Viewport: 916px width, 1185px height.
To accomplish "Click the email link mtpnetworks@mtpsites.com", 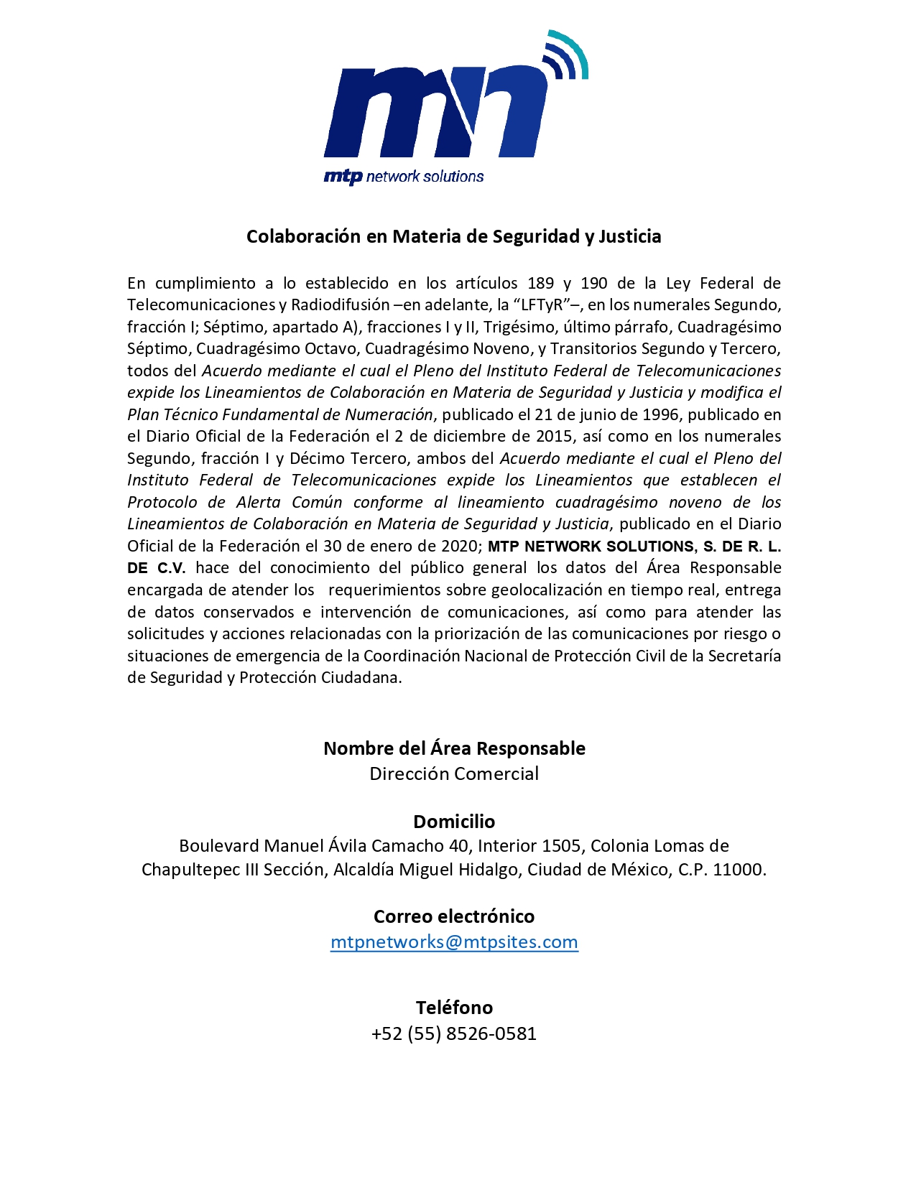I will (x=454, y=942).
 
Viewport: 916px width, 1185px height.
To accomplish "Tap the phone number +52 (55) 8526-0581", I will (x=454, y=1033).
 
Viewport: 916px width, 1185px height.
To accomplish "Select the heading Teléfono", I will (x=454, y=1007).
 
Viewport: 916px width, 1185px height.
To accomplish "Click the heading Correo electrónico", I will (x=454, y=916).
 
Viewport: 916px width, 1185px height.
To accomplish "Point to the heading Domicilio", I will (x=454, y=821).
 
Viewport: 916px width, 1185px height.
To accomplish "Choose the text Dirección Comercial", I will (x=454, y=773).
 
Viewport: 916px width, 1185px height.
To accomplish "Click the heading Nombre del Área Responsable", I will (x=454, y=748).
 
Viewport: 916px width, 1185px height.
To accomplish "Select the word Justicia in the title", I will (x=630, y=236).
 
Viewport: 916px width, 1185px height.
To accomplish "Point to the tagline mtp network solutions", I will (x=404, y=177).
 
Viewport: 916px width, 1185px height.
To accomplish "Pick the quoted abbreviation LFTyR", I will (x=535, y=305).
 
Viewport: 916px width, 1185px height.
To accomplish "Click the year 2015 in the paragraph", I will (x=554, y=437).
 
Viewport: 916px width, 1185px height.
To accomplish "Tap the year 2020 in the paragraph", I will (x=457, y=546).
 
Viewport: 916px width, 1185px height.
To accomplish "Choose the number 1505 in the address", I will (x=560, y=846).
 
